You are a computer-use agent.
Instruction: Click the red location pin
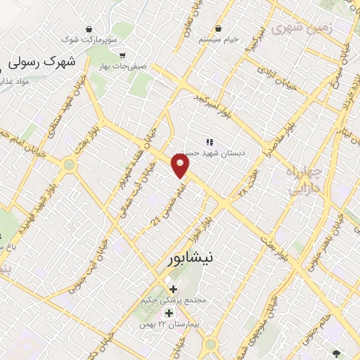181,166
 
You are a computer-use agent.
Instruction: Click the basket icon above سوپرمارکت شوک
89,29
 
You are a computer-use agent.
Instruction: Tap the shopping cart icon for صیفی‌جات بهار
122,55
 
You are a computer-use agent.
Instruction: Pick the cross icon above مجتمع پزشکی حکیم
173,288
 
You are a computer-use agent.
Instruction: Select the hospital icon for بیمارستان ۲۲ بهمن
168,312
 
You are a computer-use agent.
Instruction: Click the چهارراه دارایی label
304,179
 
